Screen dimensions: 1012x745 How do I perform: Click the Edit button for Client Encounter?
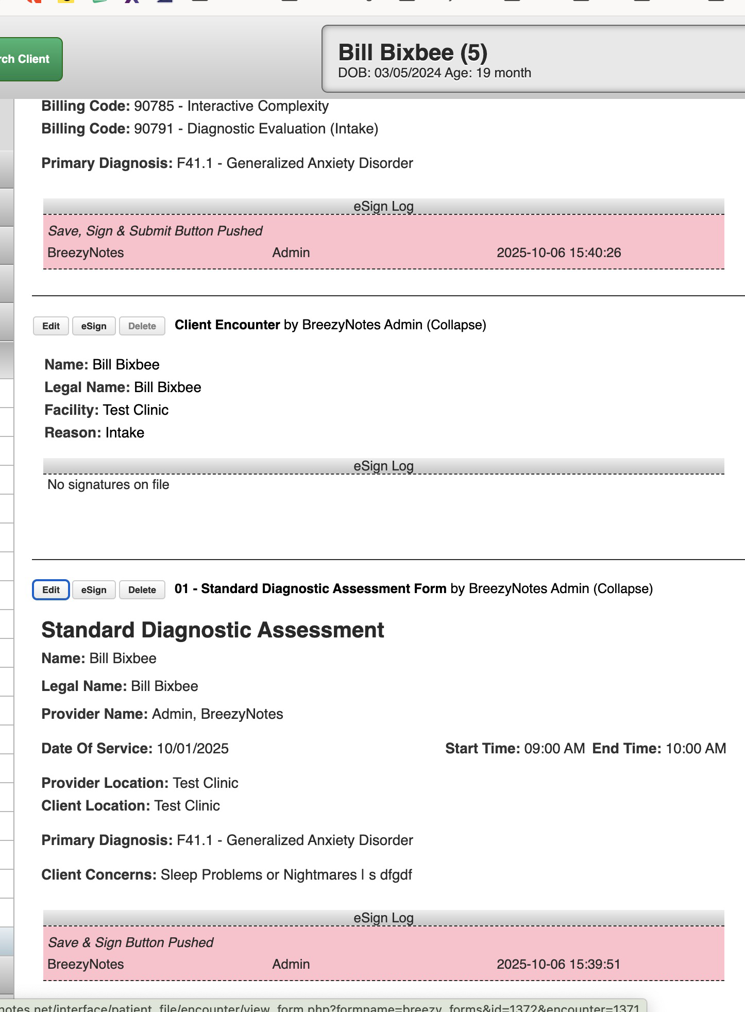point(51,326)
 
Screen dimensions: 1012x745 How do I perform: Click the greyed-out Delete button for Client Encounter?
point(142,326)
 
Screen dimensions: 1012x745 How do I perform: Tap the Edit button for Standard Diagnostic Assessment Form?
point(51,590)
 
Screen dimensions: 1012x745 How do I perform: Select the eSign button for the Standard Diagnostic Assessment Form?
point(94,590)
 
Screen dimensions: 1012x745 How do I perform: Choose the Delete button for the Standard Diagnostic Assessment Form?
point(142,590)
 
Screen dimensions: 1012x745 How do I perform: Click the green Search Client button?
point(28,59)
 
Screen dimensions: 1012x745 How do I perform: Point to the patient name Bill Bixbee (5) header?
point(413,53)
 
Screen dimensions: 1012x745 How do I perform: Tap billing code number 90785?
point(154,106)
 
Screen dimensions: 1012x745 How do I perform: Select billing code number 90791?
point(154,129)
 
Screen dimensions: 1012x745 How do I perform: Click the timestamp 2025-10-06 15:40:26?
point(558,253)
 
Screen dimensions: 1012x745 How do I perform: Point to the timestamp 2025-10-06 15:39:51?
point(558,965)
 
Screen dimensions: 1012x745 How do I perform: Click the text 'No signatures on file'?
point(108,485)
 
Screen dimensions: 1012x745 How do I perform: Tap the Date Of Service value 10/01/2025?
point(193,749)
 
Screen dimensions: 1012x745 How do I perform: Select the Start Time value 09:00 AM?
point(554,749)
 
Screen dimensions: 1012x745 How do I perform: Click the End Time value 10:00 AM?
point(696,749)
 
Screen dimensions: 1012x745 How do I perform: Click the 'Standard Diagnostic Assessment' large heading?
point(213,630)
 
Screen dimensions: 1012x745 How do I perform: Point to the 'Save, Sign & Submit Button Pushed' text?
point(155,231)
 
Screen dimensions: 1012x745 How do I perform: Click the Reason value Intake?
point(125,433)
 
